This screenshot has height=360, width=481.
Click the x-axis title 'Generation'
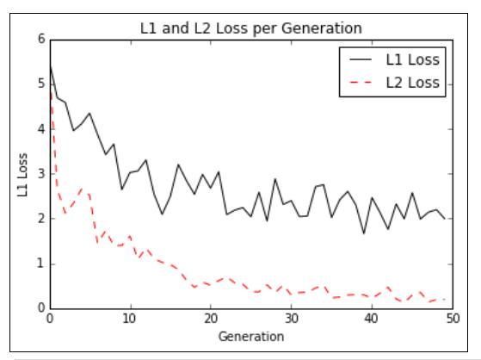251,335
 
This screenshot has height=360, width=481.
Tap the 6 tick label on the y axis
40,40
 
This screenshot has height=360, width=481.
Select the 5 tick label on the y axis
40,84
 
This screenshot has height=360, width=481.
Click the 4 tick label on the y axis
40,129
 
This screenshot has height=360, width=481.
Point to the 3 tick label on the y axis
40,174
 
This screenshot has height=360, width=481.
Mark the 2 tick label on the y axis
40,219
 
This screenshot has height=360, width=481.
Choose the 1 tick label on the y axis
40,264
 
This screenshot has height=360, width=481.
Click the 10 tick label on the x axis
130,319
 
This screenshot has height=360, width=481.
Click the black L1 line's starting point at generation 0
50,65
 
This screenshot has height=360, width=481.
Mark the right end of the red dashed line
445,299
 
